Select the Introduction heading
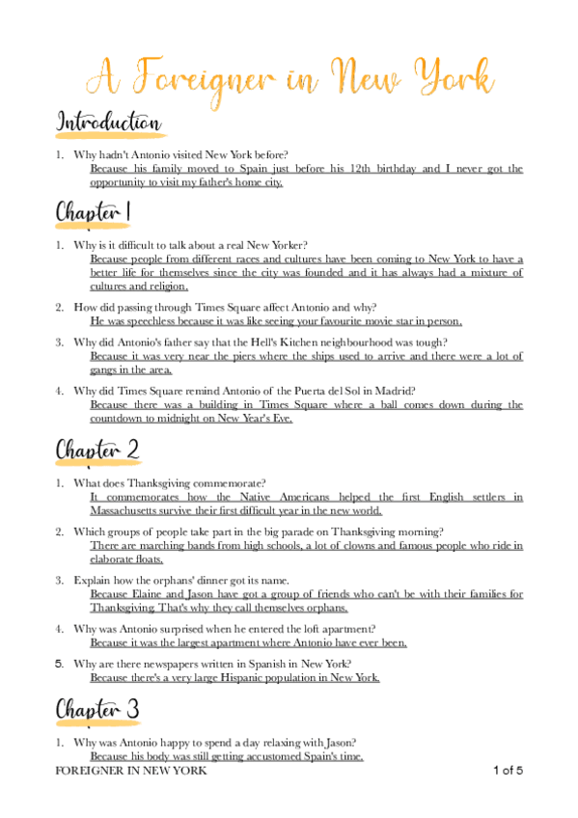pos(108,123)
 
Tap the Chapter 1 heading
pos(94,211)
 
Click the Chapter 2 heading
pos(96,449)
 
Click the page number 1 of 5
pos(508,771)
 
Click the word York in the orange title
pos(452,76)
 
